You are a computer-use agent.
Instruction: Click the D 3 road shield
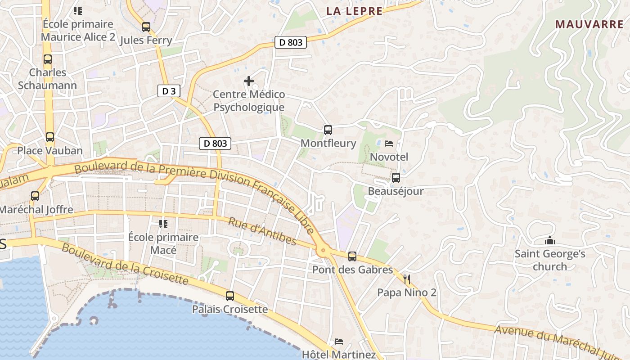coord(169,91)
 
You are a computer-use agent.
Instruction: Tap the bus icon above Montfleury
coord(328,130)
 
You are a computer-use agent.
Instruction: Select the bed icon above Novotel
coord(389,144)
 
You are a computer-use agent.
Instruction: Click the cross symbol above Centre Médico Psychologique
coord(249,81)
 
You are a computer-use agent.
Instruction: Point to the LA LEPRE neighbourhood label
coord(354,11)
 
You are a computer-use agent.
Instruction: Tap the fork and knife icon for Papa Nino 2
coord(407,279)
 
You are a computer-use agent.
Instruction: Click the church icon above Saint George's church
coord(549,241)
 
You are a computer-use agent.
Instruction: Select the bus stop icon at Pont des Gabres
coord(352,256)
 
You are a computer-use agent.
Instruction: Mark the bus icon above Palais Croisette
coord(230,296)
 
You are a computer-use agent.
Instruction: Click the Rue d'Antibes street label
coord(262,231)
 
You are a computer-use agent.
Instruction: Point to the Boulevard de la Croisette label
coord(125,264)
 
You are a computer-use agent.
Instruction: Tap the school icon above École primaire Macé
coord(163,224)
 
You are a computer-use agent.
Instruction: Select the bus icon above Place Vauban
coord(50,137)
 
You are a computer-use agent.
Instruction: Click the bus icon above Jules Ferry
coord(146,27)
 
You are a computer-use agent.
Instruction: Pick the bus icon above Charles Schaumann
coord(48,59)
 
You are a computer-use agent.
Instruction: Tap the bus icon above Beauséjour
coord(396,178)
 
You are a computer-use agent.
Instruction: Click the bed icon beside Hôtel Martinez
coord(339,342)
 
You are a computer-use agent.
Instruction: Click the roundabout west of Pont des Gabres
coord(323,251)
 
